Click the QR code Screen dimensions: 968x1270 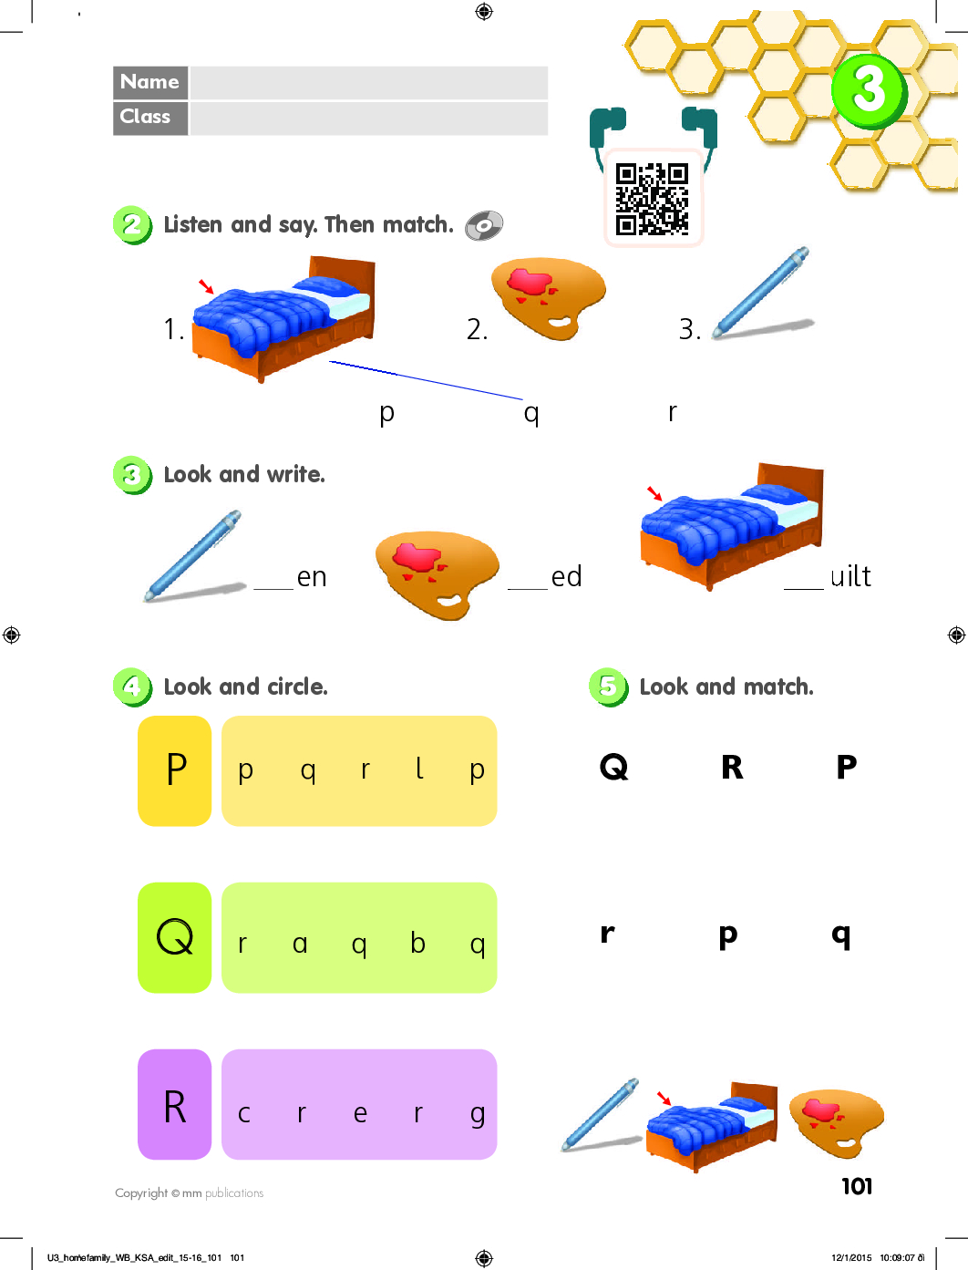click(652, 199)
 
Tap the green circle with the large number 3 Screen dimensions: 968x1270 click(869, 91)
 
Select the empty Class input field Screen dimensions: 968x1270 click(368, 119)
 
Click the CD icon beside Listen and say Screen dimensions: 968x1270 click(484, 225)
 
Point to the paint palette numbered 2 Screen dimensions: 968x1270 click(548, 297)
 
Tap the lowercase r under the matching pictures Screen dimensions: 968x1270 click(672, 412)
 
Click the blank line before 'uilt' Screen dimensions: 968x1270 click(803, 589)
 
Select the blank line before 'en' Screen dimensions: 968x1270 click(273, 589)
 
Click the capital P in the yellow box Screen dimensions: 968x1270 click(176, 769)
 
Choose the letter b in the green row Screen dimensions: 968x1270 click(417, 943)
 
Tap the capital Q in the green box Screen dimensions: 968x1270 click(175, 937)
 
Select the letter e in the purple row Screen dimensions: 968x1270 click(360, 1114)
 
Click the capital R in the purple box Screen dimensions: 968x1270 click(175, 1107)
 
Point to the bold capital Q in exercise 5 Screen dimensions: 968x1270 click(613, 768)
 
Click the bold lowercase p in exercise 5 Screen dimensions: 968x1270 click(728, 936)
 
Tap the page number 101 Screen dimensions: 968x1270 click(857, 1187)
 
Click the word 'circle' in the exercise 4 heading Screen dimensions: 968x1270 click(297, 687)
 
